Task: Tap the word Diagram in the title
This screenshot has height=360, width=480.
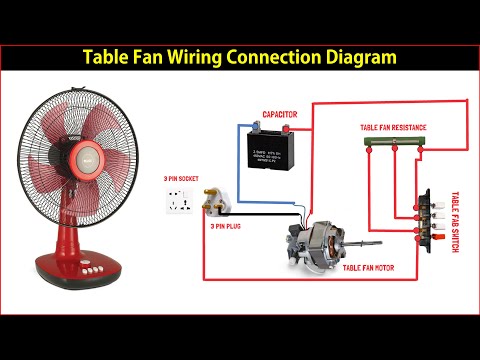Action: pos(358,57)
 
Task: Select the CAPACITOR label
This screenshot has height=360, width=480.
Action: pos(279,115)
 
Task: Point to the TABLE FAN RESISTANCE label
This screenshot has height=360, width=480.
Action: pos(392,128)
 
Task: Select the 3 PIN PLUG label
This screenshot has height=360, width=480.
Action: pos(228,227)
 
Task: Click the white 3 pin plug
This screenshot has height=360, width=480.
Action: pos(219,208)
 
